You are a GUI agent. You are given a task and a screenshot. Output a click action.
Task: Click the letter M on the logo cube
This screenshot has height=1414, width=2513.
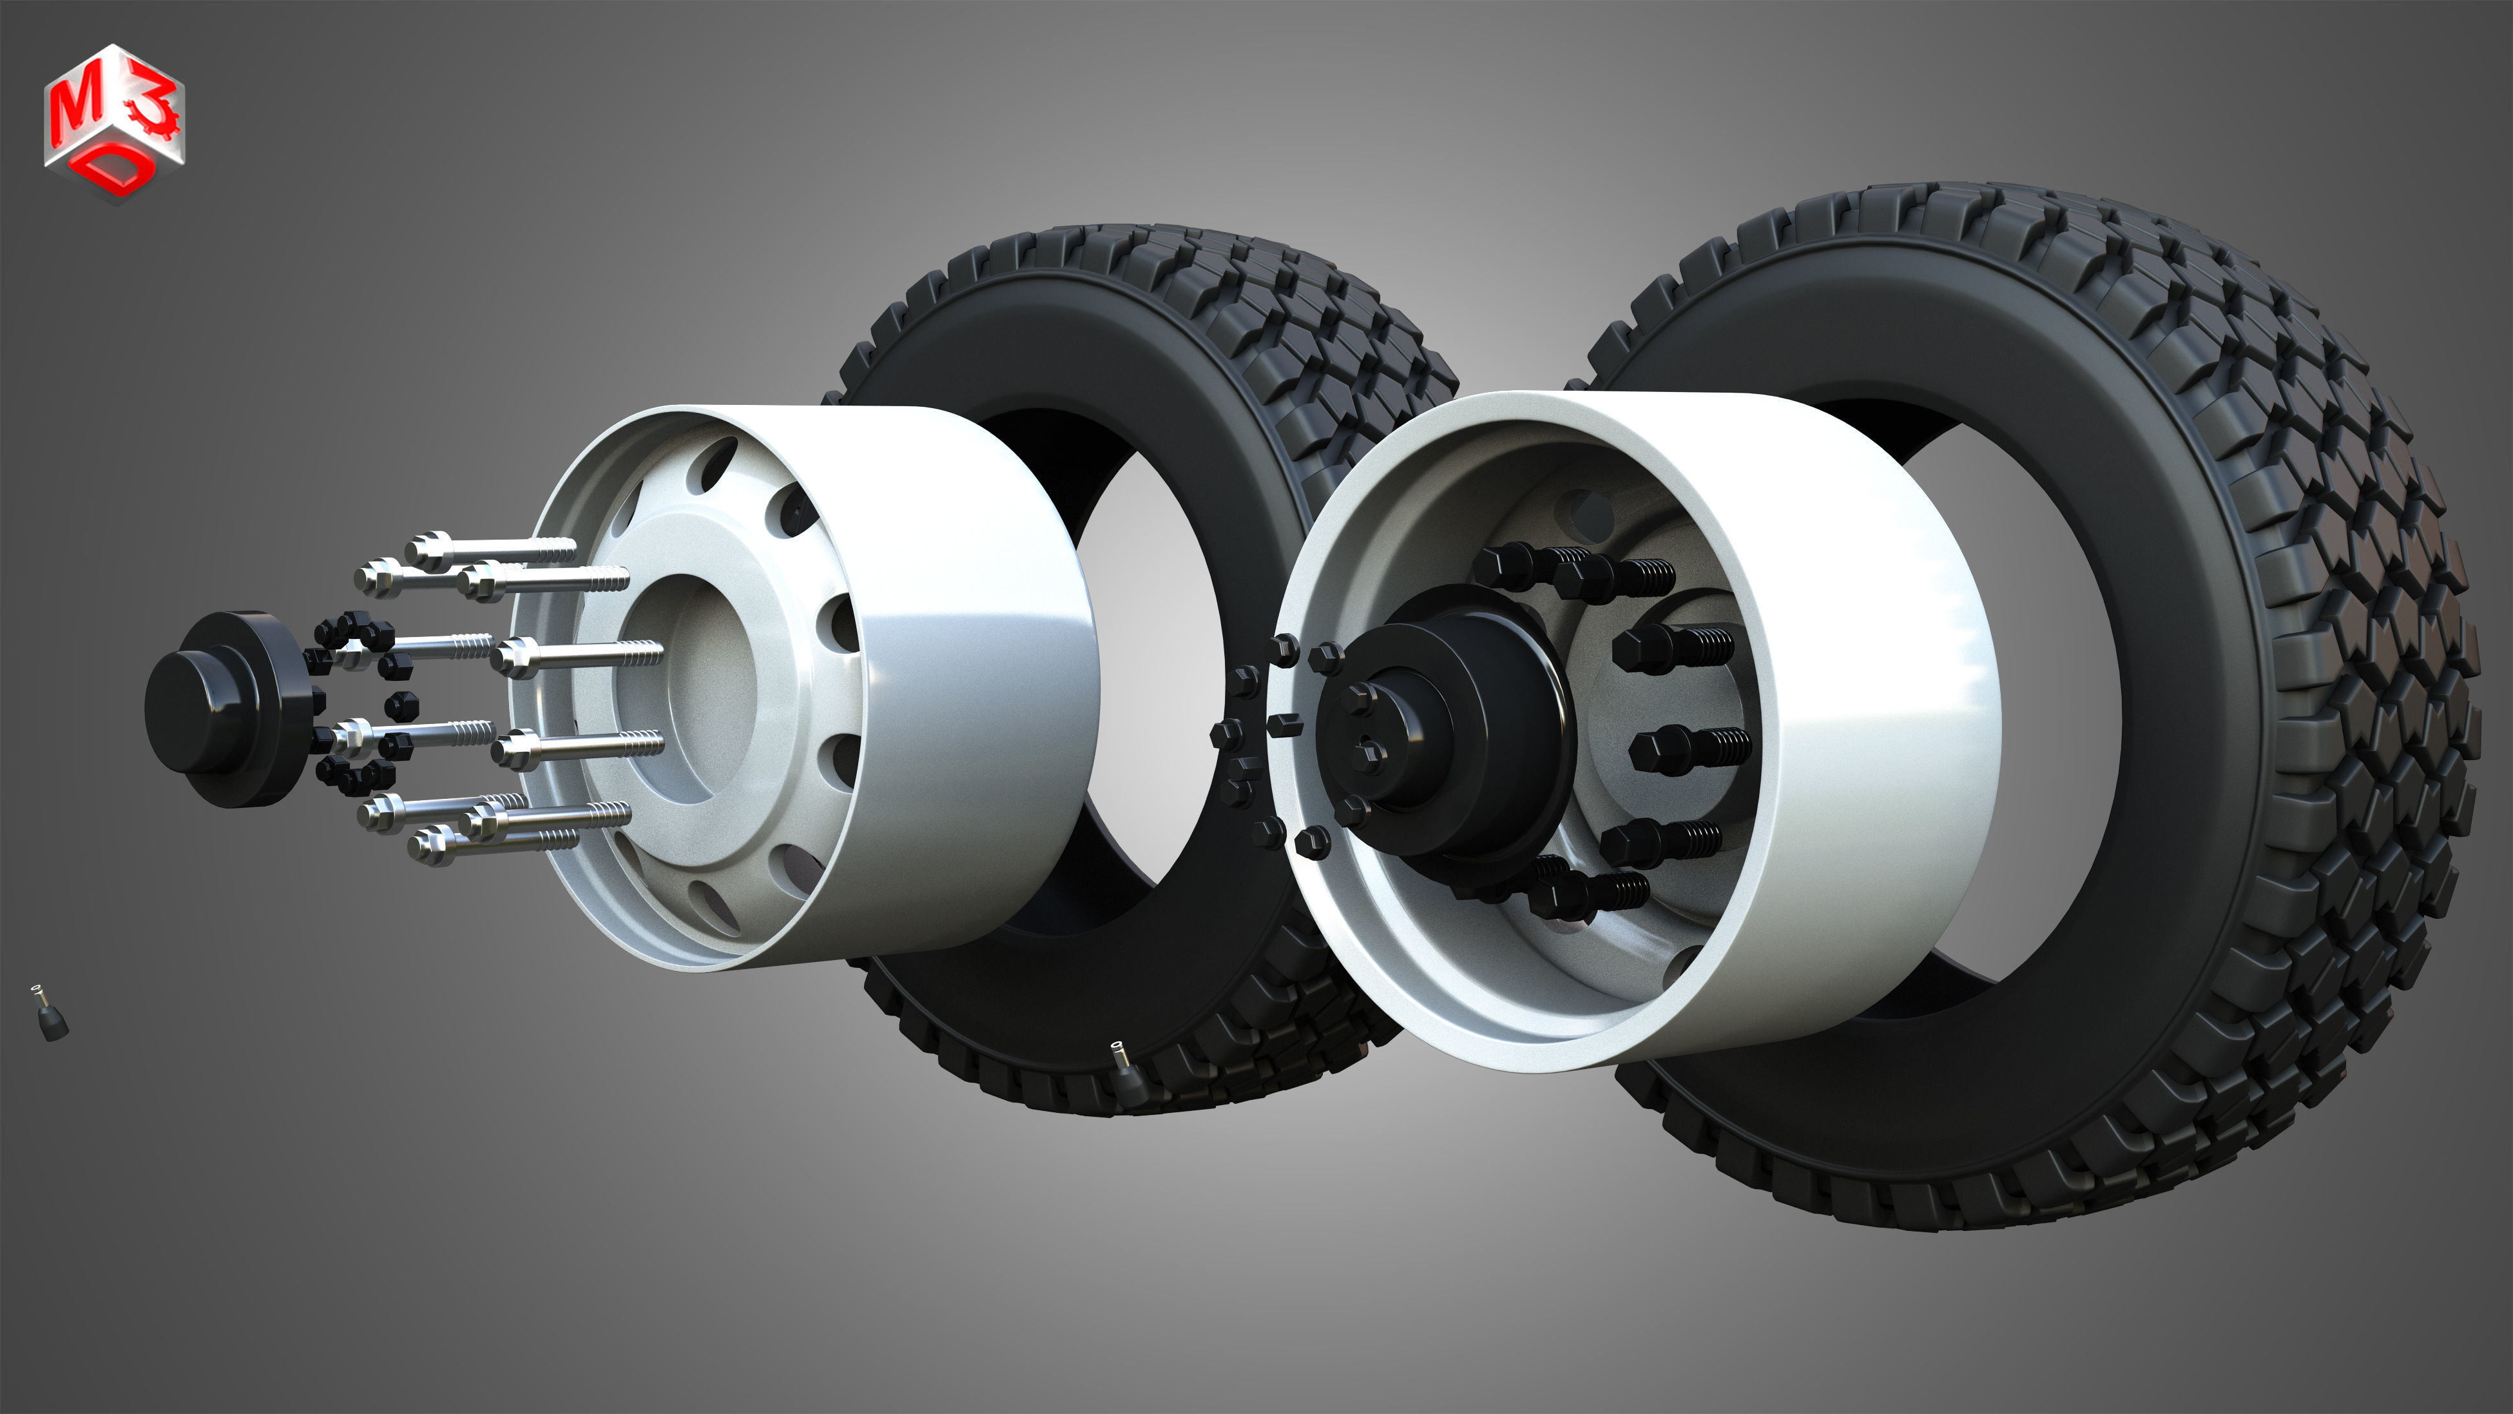74,112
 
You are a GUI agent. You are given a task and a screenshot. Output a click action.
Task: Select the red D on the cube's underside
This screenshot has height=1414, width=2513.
119,172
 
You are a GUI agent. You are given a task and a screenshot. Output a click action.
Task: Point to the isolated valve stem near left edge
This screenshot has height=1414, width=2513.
49,1015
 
